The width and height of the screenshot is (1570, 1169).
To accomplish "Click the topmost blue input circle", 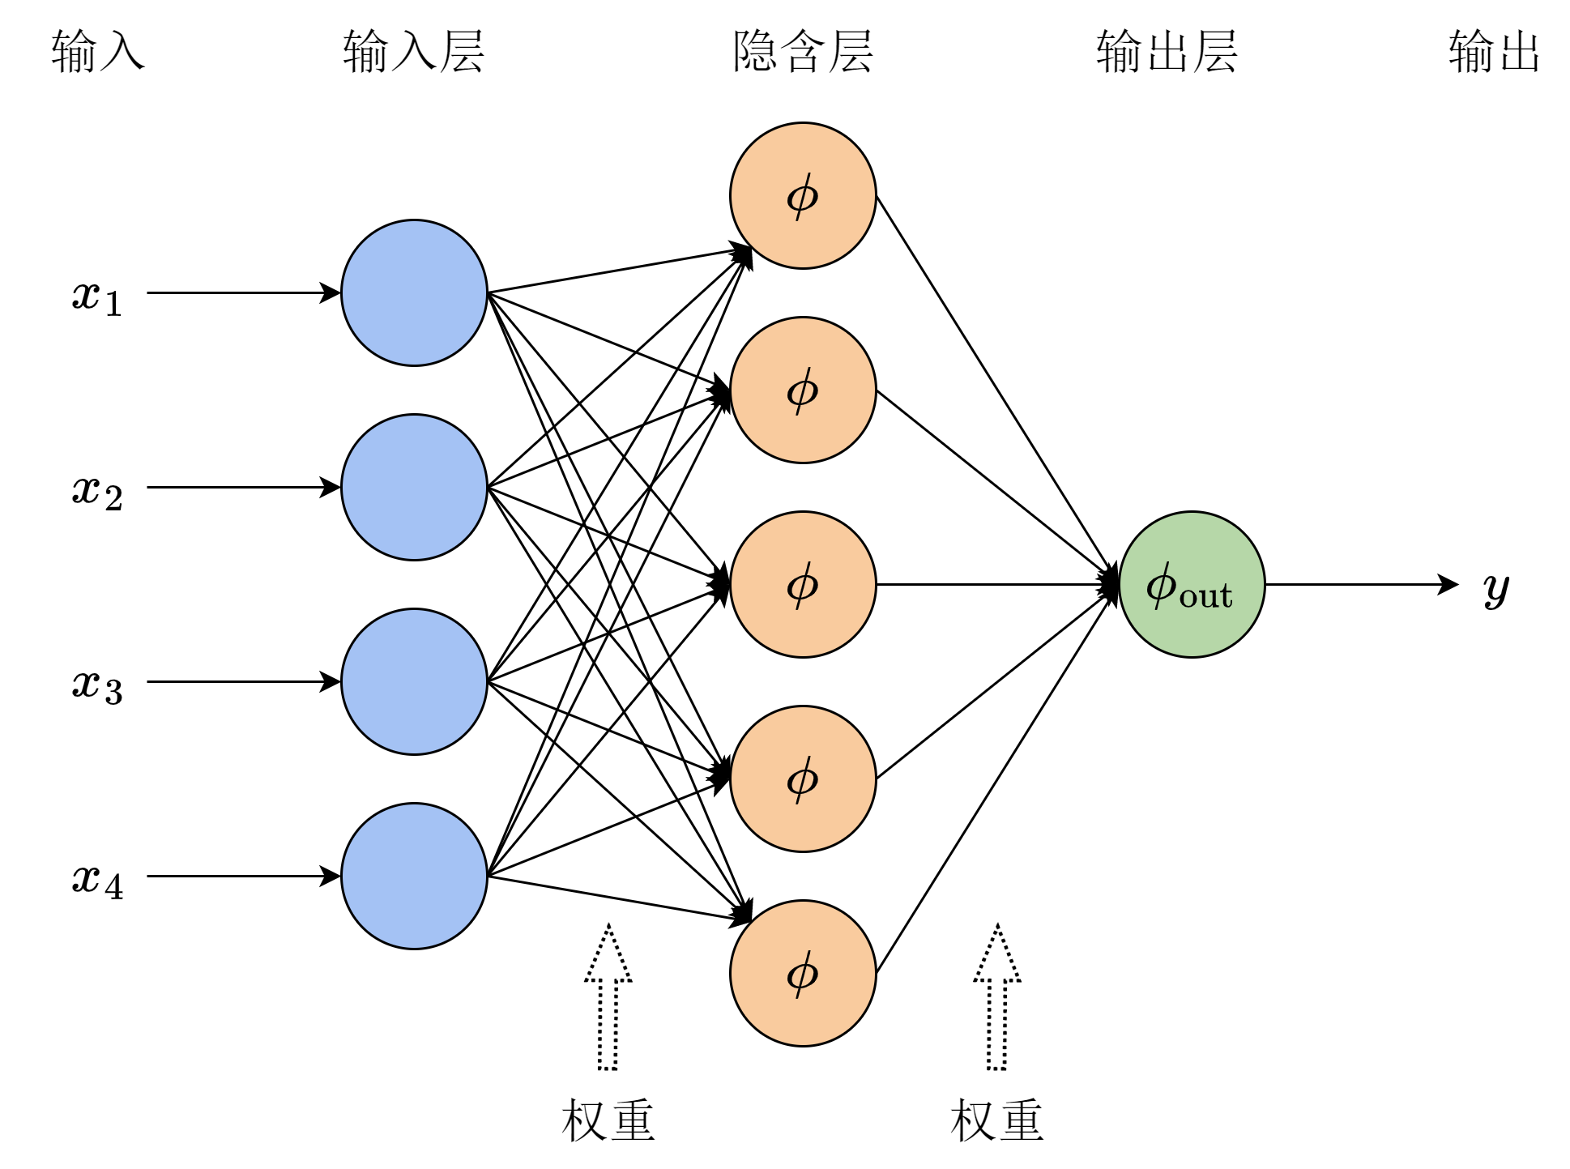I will (x=414, y=292).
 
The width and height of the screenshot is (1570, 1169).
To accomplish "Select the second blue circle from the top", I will (x=414, y=487).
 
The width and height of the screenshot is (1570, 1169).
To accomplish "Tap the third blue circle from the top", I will (x=414, y=681).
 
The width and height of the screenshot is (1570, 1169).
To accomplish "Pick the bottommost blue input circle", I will (x=414, y=876).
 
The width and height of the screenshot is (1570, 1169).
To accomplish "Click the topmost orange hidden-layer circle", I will (x=803, y=195).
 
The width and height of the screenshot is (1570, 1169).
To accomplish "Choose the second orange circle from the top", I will (x=803, y=390).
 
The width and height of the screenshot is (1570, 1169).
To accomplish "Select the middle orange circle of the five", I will (x=803, y=584).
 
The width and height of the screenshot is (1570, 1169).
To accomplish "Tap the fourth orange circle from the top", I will (x=803, y=779).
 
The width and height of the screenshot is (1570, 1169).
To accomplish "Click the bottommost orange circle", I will (x=803, y=973).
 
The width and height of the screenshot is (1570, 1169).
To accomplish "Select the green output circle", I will (x=1192, y=584).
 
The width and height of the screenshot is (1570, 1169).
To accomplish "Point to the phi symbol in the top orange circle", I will (x=802, y=196).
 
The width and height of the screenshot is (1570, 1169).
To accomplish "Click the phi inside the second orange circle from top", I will (x=802, y=390).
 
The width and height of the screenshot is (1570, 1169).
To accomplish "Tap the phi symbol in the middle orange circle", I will (x=802, y=585).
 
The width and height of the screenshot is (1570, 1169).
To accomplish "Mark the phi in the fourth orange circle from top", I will (x=802, y=779).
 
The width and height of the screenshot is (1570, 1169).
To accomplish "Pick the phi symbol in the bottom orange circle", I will (x=802, y=974).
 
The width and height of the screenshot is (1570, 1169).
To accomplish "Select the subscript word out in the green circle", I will (x=1206, y=596).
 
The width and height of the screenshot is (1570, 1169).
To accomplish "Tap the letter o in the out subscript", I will (x=1188, y=598).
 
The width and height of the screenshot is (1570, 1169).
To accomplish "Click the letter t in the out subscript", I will (x=1225, y=595).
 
